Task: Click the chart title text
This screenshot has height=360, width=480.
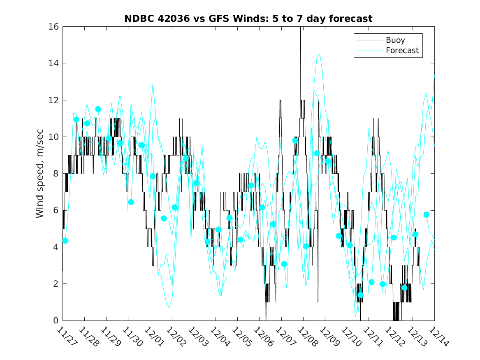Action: point(248,19)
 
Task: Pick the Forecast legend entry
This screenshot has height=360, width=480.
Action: point(402,51)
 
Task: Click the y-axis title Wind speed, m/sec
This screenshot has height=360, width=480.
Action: point(39,173)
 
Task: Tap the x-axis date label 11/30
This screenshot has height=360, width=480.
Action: point(132,337)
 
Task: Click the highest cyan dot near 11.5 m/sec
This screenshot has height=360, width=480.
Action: point(98,109)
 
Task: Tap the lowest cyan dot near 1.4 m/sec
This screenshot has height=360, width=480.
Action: point(361,295)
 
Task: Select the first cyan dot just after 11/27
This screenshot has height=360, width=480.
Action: point(65,241)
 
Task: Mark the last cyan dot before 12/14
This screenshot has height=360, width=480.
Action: point(426,215)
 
